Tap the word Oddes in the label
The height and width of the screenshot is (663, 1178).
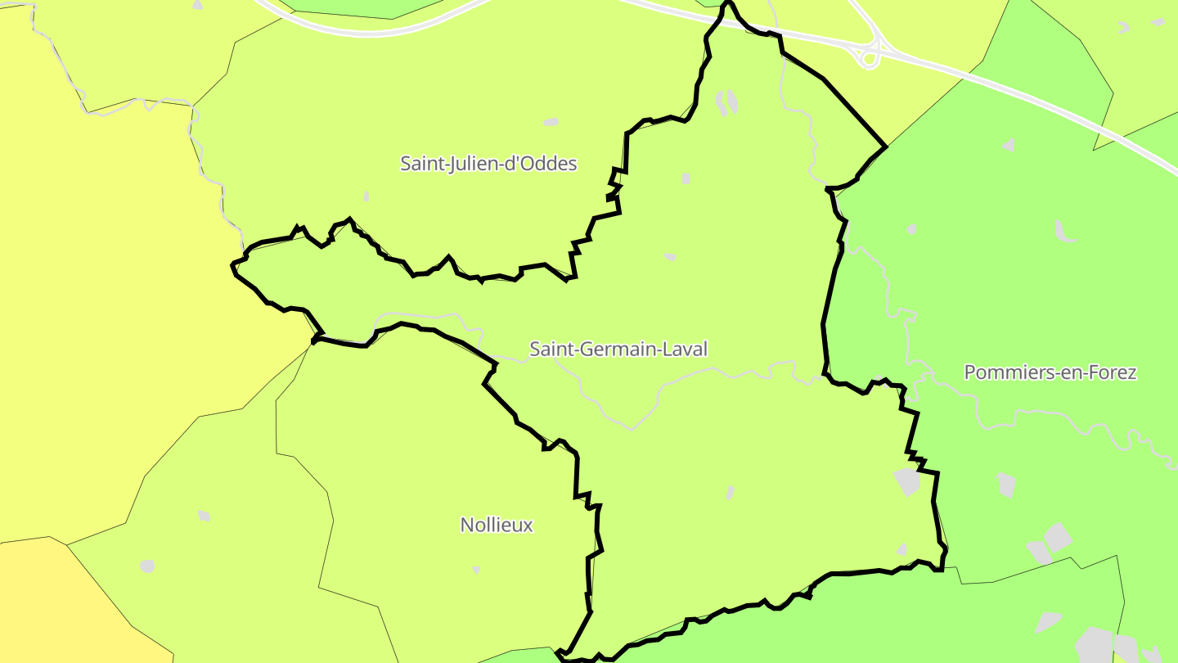tap(555, 164)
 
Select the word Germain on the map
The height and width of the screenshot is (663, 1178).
tap(609, 350)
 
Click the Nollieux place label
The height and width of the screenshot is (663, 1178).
tap(497, 525)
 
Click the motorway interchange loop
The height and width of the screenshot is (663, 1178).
tap(868, 56)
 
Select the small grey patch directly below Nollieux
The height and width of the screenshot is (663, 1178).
tap(476, 569)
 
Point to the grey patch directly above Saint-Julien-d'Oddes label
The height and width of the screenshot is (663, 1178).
tap(551, 122)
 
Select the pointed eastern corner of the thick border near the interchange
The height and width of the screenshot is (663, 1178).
tap(886, 147)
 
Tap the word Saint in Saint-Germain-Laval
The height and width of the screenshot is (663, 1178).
tap(550, 350)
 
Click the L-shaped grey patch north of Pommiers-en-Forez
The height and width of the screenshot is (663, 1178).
tap(1063, 231)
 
